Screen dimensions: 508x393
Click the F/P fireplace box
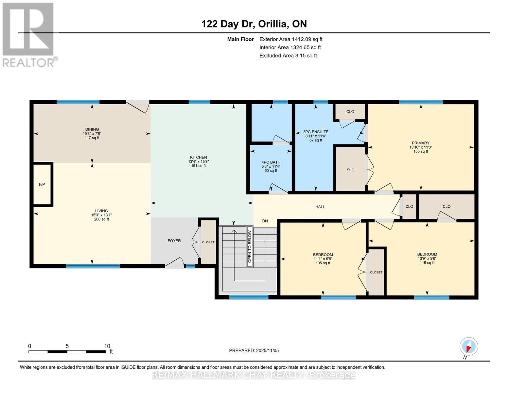[x=42, y=184]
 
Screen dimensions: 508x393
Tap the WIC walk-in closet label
[x=350, y=169]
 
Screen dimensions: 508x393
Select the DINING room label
[x=92, y=129]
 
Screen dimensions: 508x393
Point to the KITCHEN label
[x=198, y=157]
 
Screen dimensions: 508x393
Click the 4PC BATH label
[x=271, y=162]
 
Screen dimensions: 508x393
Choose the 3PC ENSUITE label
[x=316, y=132]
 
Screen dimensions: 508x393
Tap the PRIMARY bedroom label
[x=421, y=143]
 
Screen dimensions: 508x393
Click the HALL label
[x=320, y=207]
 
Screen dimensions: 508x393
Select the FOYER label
[x=174, y=241]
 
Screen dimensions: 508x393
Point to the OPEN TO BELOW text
[x=250, y=247]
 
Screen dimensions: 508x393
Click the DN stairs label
[x=265, y=221]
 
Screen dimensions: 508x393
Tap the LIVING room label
[x=101, y=211]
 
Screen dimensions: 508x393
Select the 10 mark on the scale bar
[x=107, y=346]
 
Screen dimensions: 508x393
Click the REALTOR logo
[x=29, y=35]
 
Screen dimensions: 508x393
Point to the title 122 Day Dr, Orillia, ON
[x=254, y=24]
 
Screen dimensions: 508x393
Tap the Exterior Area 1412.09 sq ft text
[x=291, y=39]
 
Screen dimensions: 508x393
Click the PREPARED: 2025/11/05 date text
[x=254, y=350]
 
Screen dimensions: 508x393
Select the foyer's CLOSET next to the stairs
[x=208, y=242]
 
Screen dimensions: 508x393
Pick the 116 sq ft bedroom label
[x=427, y=263]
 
